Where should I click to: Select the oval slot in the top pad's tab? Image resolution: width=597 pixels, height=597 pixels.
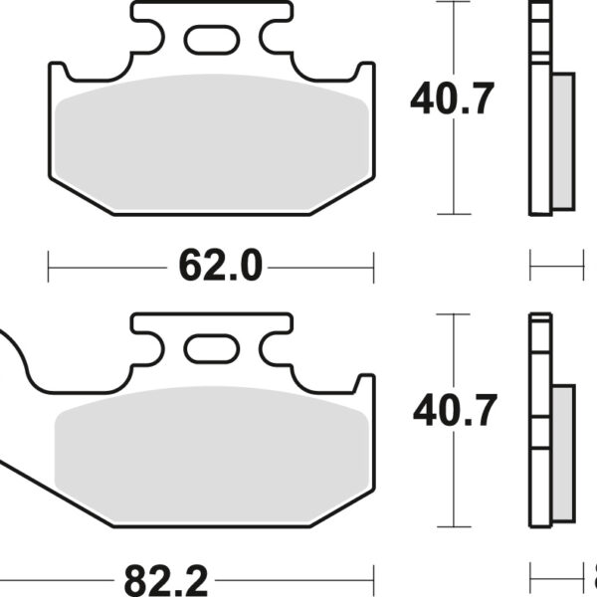click(210, 39)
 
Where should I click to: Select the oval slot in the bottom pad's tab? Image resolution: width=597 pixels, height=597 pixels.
click(210, 349)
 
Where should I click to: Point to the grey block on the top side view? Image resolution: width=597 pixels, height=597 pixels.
click(562, 141)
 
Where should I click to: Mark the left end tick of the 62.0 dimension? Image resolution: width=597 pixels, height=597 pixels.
click(49, 266)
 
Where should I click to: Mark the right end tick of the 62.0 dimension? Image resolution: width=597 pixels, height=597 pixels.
click(373, 266)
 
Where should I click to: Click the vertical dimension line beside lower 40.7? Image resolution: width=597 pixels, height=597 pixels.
click(455, 478)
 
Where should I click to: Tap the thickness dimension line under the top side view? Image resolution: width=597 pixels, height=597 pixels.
click(555, 266)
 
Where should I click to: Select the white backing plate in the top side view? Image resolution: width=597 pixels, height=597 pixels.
click(540, 109)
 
